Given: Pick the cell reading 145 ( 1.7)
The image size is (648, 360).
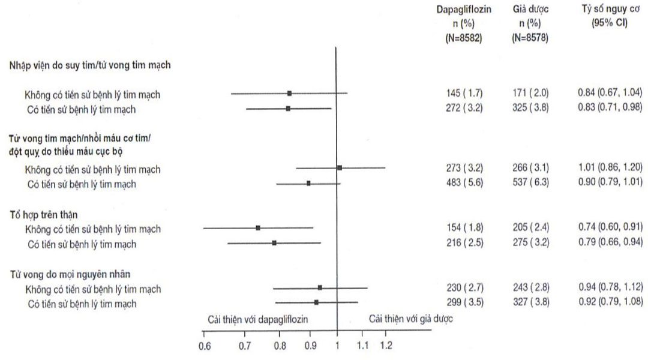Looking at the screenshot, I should [x=461, y=94].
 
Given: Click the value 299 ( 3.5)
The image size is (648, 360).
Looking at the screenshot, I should [x=461, y=304].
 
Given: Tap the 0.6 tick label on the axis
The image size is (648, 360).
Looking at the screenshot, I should [x=205, y=346].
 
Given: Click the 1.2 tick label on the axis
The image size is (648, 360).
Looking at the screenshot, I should [x=386, y=346].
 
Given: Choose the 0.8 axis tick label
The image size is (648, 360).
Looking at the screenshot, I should [x=280, y=346].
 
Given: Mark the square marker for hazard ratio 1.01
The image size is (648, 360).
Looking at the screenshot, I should [x=340, y=168].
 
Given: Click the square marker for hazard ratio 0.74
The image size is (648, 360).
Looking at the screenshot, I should [x=258, y=228].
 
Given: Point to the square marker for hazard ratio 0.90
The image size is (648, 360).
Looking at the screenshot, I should [x=308, y=183].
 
